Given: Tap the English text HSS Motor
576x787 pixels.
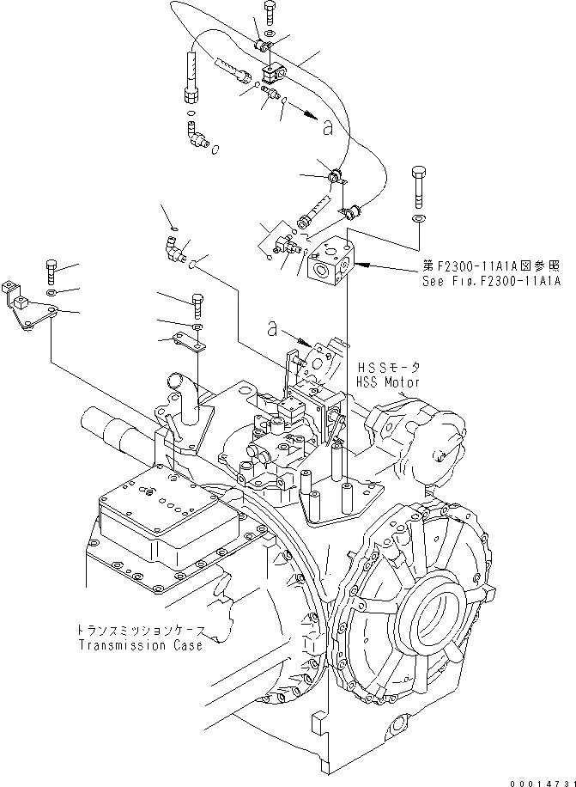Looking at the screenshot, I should coord(388,380).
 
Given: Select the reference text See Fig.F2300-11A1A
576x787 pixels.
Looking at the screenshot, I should coord(490,281).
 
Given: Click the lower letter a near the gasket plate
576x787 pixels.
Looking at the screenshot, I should coord(272,328).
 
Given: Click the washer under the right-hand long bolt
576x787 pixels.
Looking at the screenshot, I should coord(418,220).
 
